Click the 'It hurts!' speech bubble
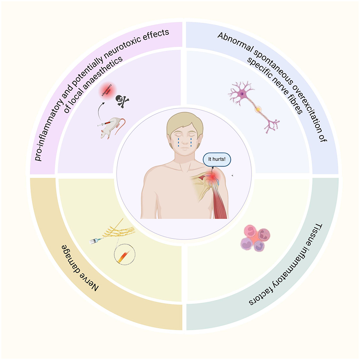pos(217,160)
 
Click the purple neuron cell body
pos(242,94)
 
